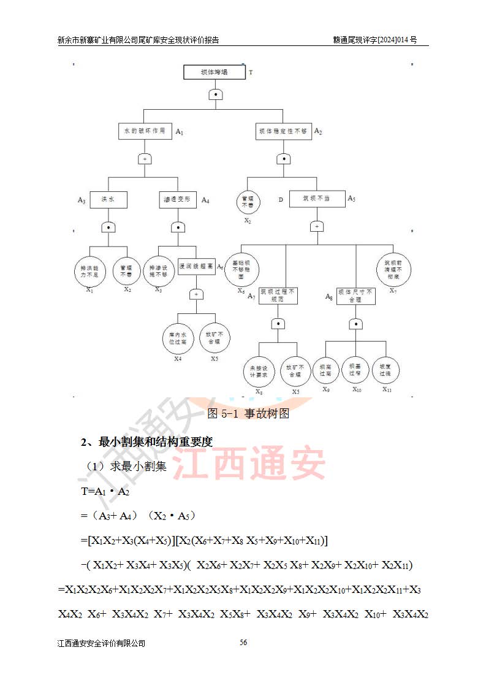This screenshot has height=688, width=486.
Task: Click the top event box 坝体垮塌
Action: [x=215, y=72]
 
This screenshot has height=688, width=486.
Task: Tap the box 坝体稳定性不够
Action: [x=283, y=132]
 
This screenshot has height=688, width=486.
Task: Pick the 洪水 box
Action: [x=108, y=199]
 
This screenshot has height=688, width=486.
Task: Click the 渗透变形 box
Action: [x=178, y=199]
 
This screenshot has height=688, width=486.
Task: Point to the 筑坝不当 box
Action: [x=317, y=199]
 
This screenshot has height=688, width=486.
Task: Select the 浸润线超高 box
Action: [x=196, y=267]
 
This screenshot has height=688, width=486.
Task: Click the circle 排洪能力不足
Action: [x=89, y=272]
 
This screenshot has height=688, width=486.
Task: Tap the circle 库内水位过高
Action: [x=178, y=338]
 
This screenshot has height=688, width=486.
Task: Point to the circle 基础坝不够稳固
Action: [x=241, y=268]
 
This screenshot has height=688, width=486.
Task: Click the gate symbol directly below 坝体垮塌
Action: [x=215, y=94]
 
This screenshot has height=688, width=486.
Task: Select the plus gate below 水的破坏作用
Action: [x=145, y=159]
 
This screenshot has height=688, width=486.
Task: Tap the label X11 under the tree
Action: [x=387, y=389]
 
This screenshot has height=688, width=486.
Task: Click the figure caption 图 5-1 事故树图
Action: [x=248, y=413]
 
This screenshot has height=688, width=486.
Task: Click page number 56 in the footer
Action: [x=243, y=643]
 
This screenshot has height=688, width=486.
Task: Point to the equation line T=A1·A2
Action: [x=105, y=492]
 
